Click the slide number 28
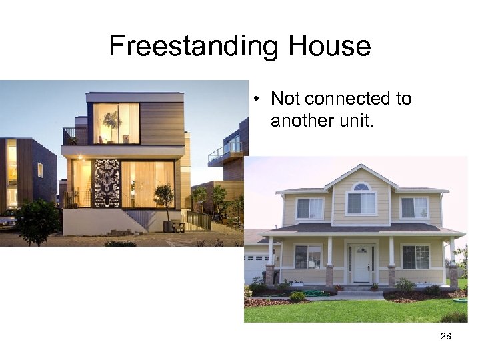[x=446, y=337]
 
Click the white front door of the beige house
[x=361, y=264]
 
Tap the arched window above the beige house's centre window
[x=361, y=187]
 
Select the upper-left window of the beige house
[x=309, y=209]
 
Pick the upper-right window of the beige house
[x=414, y=208]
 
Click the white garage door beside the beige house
[x=256, y=267]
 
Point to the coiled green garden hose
[x=313, y=293]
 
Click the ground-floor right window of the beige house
[x=415, y=257]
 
